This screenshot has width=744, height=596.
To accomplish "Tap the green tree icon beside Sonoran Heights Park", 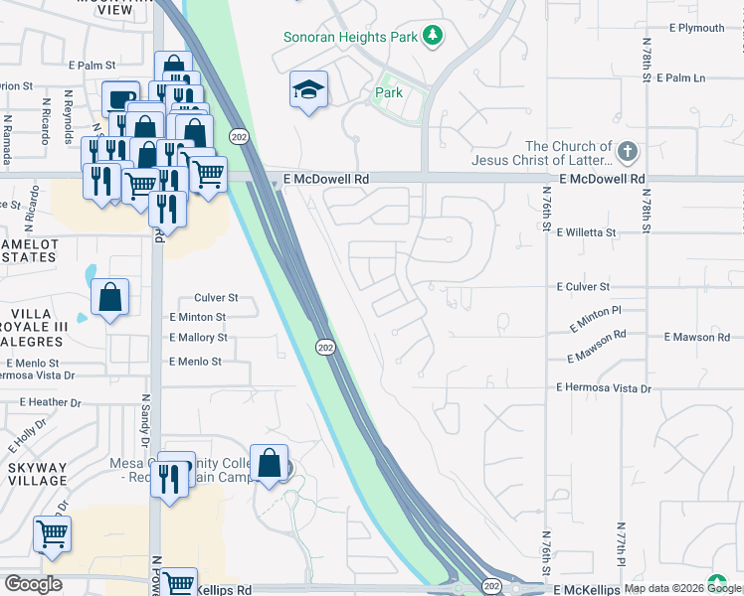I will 432,36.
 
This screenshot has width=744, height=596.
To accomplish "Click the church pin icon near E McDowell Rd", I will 626,152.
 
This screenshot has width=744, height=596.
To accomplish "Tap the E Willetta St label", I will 586,231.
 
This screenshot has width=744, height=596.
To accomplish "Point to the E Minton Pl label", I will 595,319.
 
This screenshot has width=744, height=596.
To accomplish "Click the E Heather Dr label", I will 50,402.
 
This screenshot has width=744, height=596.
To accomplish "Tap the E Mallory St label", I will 198,338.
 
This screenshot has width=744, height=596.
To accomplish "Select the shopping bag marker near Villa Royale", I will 109,297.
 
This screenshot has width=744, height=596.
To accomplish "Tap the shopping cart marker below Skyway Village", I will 52,533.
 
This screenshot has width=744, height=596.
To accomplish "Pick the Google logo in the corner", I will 33,584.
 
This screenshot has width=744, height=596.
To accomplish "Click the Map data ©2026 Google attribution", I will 681,589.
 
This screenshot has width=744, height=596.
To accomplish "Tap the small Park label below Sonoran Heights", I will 388,93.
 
